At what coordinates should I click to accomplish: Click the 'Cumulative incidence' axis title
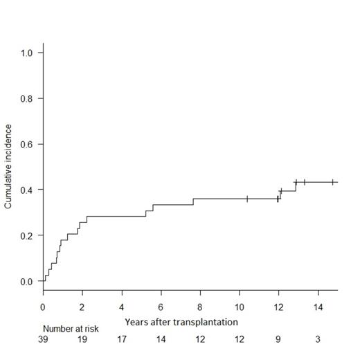[x=9, y=167]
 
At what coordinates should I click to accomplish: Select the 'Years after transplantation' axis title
[x=181, y=322]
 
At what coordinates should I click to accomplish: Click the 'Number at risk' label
[x=71, y=329]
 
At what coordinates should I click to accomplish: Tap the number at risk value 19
[x=82, y=340]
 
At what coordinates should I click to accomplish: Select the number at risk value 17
[x=122, y=340]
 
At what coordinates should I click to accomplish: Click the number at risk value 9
[x=278, y=340]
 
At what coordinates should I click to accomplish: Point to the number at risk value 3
[x=318, y=340]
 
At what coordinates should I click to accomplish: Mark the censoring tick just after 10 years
[x=247, y=199]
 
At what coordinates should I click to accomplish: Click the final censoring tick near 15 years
[x=333, y=182]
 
